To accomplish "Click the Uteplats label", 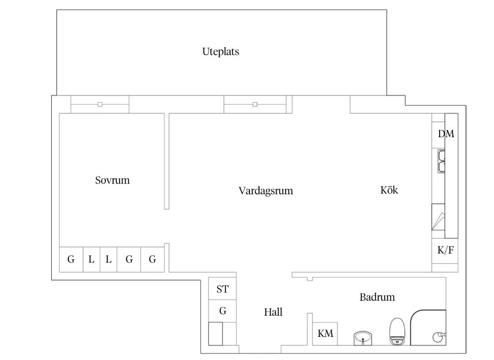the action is click(221, 52).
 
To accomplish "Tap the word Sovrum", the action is click(112, 180).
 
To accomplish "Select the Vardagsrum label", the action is click(266, 191).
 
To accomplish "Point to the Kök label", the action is click(389, 190).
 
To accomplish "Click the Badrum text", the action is click(377, 297).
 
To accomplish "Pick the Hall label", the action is click(273, 312).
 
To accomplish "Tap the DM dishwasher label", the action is click(446, 134).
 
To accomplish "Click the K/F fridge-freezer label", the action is click(446, 250).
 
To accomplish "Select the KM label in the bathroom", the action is click(325, 333).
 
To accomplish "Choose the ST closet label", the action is click(222, 289).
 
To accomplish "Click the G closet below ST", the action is click(223, 311).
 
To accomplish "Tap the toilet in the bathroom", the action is click(397, 331).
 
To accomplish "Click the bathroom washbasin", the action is click(363, 338).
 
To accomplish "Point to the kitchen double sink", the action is click(441, 162).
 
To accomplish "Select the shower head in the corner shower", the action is click(439, 337).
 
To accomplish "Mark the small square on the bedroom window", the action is click(100, 104).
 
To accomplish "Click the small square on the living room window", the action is click(255, 104).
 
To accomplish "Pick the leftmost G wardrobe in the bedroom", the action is click(71, 259).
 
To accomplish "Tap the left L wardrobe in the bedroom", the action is click(91, 259).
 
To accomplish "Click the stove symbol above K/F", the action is click(438, 217).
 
